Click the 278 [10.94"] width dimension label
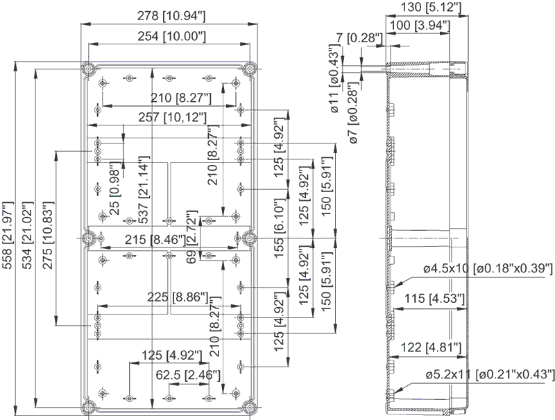tap(171, 16)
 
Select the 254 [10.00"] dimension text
tap(171, 37)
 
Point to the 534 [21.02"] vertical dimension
tap(28, 236)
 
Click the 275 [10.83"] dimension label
tap(48, 236)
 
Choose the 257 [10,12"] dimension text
tap(172, 117)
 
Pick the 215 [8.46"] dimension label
tap(155, 240)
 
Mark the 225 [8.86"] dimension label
tap(178, 297)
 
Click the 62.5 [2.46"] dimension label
tap(188, 375)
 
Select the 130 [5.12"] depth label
tap(431, 7)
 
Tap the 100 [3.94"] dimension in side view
tap(420, 25)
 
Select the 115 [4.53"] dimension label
tap(434, 299)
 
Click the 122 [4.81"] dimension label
tap(431, 347)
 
